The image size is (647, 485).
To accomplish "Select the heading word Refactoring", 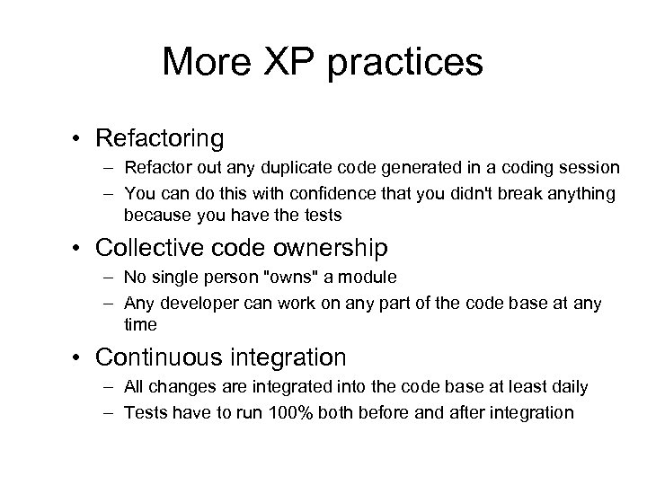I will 159,138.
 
